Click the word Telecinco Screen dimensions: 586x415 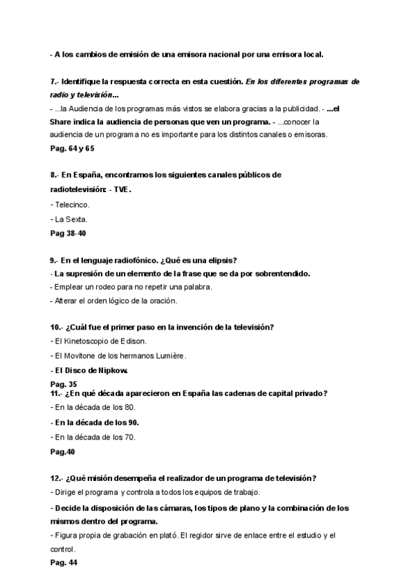(x=73, y=205)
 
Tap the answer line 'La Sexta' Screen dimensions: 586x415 (x=70, y=220)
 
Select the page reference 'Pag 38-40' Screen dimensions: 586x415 (x=68, y=234)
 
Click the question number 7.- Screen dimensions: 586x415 (x=55, y=82)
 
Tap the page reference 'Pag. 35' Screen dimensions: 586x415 (x=64, y=384)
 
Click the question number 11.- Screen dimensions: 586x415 (x=57, y=393)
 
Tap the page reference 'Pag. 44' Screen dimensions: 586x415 (x=64, y=563)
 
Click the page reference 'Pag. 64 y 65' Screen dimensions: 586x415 (x=72, y=148)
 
